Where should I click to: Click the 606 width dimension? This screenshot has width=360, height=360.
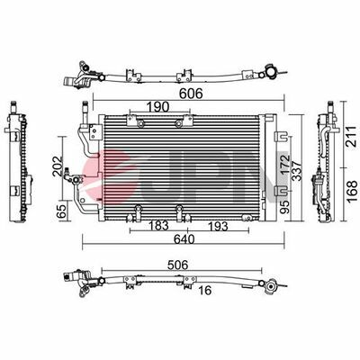click(x=191, y=94)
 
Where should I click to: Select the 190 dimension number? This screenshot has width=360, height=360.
click(x=158, y=107)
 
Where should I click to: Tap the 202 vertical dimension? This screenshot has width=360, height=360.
click(x=57, y=166)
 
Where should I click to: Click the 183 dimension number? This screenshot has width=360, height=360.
click(x=157, y=226)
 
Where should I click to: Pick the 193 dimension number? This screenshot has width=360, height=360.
click(x=217, y=226)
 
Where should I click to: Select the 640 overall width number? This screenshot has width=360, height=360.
click(x=184, y=239)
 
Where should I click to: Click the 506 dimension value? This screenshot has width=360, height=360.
click(x=177, y=265)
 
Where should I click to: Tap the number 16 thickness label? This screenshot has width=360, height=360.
click(x=205, y=290)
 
